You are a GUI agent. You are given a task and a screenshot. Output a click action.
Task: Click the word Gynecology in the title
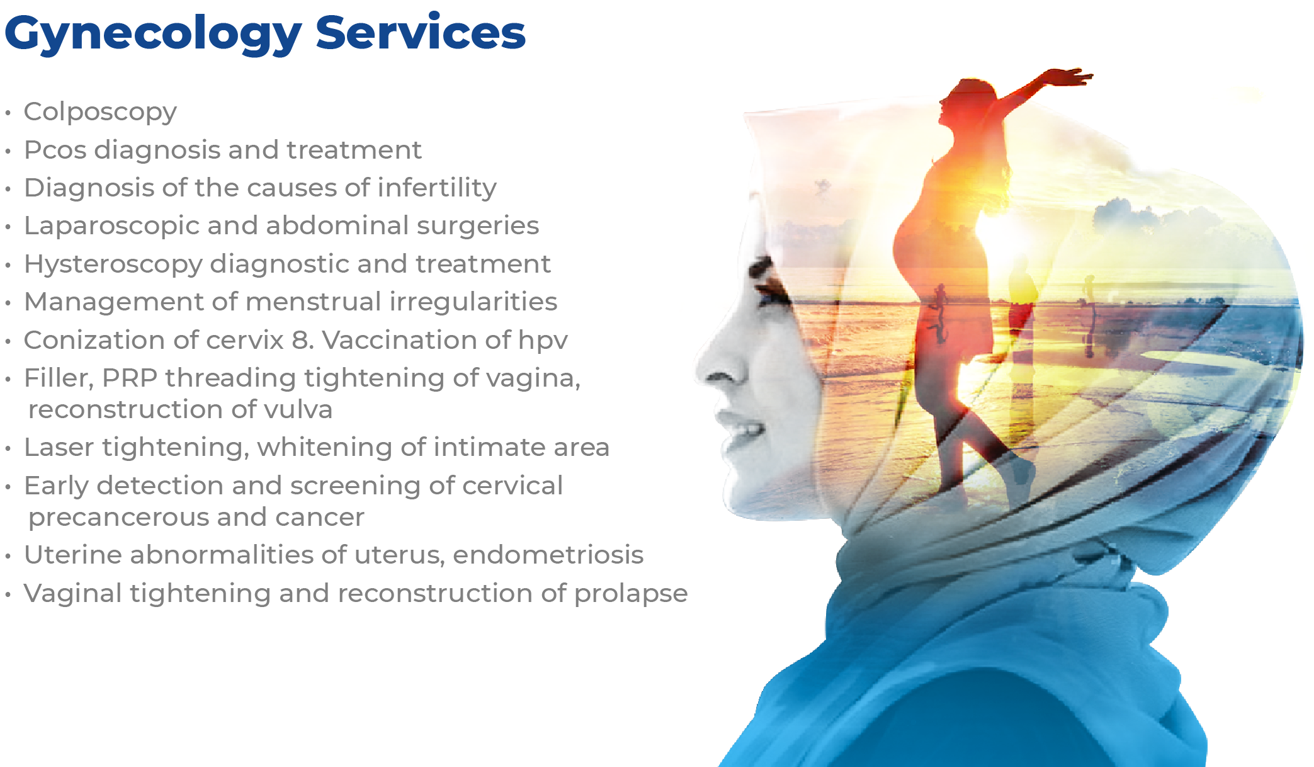coord(153,35)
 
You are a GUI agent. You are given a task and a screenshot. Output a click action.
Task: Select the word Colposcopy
coord(100,113)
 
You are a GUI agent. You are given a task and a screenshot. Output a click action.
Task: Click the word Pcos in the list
coord(55,150)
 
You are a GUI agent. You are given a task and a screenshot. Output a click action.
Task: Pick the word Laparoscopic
coord(111,226)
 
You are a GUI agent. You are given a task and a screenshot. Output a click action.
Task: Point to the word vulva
coord(298,409)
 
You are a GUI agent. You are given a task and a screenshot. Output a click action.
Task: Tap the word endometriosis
coord(548,555)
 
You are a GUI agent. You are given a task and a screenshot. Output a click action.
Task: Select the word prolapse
coord(631,594)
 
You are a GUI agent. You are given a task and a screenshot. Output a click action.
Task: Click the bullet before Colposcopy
coord(8,114)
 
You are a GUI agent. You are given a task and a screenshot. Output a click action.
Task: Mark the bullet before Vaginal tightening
coord(8,595)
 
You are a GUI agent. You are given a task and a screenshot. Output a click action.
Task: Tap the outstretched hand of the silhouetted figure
coord(1070,77)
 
